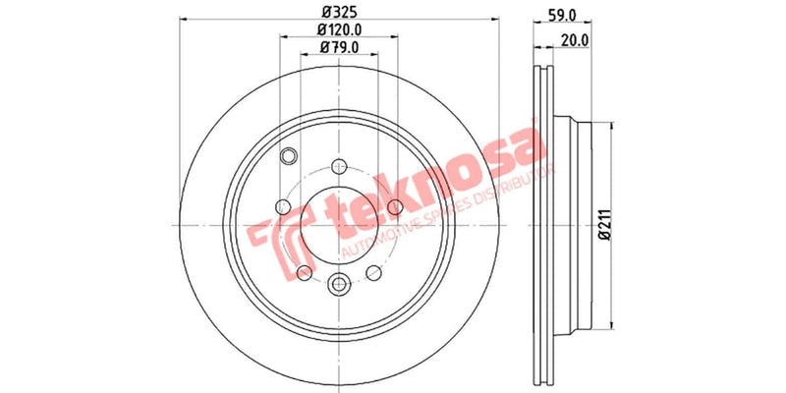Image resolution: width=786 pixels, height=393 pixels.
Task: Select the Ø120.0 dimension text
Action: tap(339, 30)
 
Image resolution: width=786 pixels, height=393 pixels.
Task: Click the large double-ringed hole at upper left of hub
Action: tap(289, 156)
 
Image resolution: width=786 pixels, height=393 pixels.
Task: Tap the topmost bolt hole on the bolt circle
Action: tap(339, 165)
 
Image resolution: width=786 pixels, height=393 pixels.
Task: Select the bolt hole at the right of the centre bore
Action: tap(395, 206)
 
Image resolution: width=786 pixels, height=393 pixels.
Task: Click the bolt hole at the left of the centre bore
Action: tap(283, 206)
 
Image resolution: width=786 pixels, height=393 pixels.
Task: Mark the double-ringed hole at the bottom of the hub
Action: tap(339, 284)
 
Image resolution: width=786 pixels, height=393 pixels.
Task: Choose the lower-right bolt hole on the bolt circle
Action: tap(373, 272)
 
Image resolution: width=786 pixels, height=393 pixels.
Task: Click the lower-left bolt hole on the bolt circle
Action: tap(305, 272)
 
